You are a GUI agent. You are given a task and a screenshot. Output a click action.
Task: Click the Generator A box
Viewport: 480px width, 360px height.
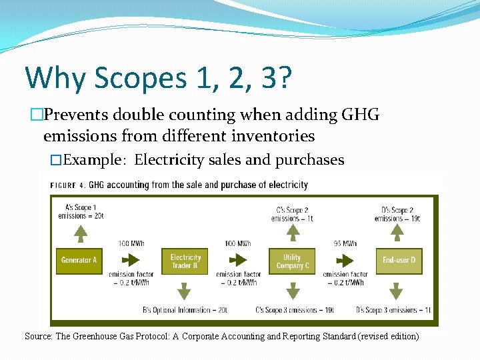click(79, 260)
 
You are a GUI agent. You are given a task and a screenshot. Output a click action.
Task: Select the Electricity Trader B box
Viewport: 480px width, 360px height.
click(185, 261)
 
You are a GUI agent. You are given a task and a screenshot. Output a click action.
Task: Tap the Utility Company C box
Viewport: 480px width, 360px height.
click(292, 261)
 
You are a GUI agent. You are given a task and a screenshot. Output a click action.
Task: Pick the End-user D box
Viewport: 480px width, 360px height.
click(399, 260)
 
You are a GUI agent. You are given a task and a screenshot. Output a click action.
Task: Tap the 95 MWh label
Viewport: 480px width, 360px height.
click(345, 243)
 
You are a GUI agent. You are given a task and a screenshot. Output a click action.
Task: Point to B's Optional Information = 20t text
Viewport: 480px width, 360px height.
click(185, 310)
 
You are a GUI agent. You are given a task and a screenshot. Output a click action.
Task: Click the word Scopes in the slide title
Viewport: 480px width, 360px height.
click(140, 78)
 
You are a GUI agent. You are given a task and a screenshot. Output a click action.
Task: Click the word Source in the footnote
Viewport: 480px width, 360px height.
click(37, 337)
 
